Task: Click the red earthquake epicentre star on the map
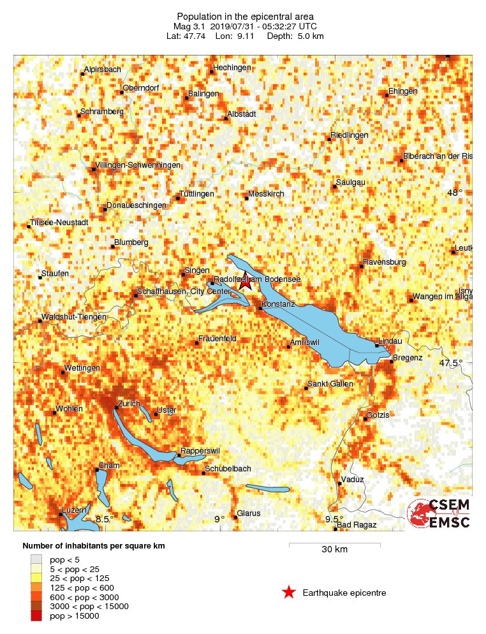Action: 246,283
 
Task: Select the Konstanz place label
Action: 279,304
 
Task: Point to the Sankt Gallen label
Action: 330,384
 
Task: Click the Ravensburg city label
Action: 385,262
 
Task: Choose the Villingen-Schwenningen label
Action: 138,165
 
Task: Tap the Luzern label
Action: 74,512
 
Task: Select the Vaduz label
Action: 353,479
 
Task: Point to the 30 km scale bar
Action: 335,545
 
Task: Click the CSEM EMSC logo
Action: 439,513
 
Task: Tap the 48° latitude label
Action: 454,193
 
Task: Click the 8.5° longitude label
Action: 105,519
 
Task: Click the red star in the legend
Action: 289,593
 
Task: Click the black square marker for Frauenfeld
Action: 197,343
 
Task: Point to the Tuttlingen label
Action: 196,194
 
